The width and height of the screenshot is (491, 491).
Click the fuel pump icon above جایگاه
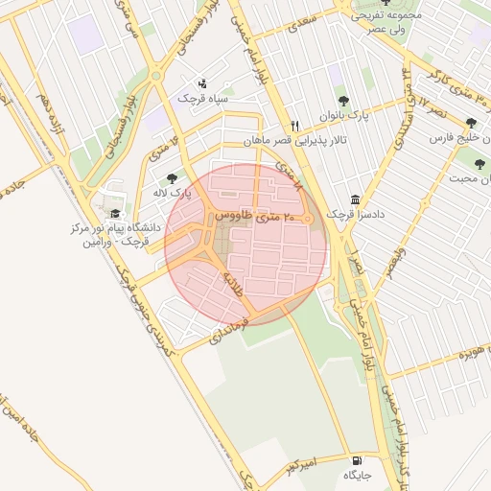click(358, 459)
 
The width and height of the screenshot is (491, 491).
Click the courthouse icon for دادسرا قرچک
click(356, 199)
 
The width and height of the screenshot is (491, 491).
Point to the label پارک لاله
click(175, 193)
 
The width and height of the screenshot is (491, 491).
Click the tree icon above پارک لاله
click(172, 178)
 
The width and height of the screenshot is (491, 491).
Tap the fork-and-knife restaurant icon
click(295, 126)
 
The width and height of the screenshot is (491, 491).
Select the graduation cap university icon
click(115, 214)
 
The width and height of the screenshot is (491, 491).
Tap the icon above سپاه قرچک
click(201, 83)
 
